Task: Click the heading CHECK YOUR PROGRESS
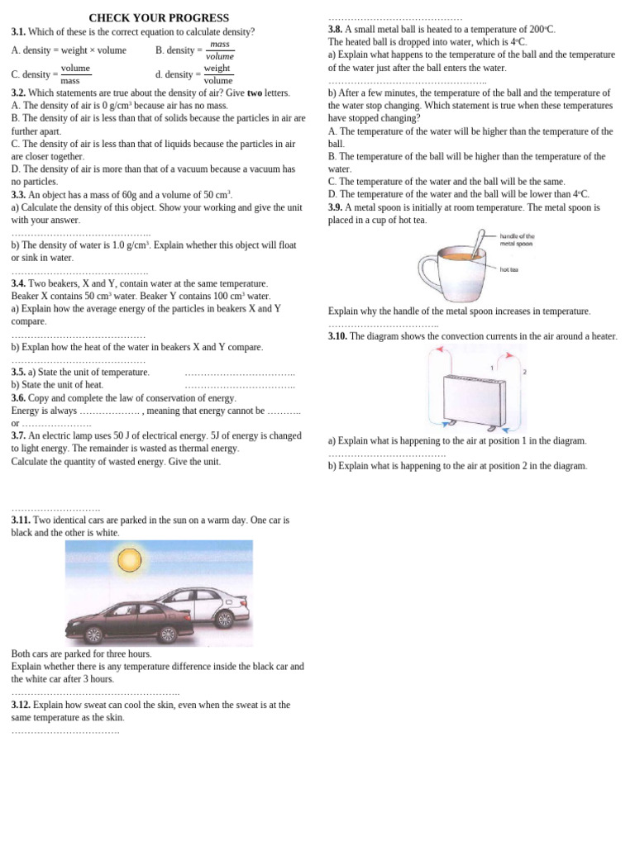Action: pos(159,17)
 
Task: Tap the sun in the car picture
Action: pos(129,560)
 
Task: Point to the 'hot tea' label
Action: pos(509,269)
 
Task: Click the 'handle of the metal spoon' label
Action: pos(517,240)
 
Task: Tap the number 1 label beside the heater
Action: pos(492,368)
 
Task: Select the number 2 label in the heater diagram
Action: pos(524,372)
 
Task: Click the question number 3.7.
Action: pos(18,435)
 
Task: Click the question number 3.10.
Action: pos(337,336)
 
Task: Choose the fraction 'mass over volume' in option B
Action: pos(220,50)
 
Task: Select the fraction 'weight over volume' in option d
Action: pos(217,74)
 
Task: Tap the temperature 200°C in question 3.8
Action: pos(542,29)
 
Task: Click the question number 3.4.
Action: pos(18,283)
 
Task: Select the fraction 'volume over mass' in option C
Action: pos(75,74)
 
